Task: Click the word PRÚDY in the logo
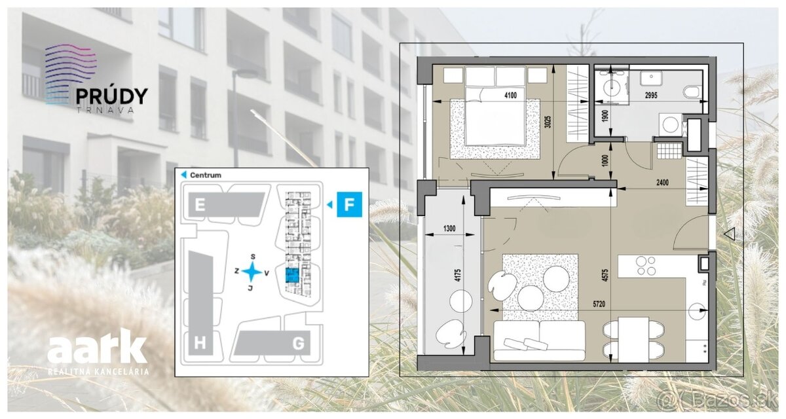(x=112, y=96)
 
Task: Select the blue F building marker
(x=349, y=204)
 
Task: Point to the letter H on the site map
(x=200, y=343)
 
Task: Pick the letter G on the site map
(x=298, y=344)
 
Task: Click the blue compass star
(x=252, y=272)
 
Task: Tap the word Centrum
(x=206, y=175)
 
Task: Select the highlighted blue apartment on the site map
(x=292, y=275)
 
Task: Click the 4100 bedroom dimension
(x=510, y=95)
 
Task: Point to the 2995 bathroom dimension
(x=651, y=95)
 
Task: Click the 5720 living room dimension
(x=599, y=304)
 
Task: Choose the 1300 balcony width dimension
(x=449, y=228)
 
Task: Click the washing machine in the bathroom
(x=671, y=125)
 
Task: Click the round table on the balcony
(x=460, y=301)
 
